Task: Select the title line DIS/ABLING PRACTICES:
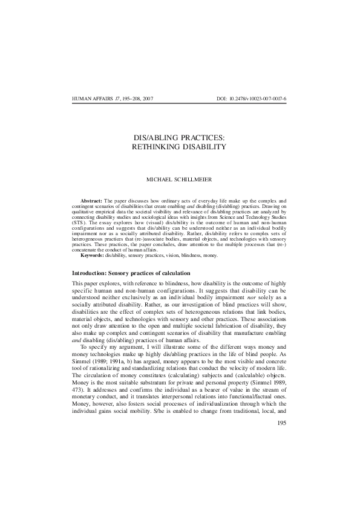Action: (x=180, y=137)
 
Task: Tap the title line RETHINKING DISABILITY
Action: (x=180, y=147)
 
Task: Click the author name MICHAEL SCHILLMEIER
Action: (x=180, y=179)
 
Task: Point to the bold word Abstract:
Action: (x=91, y=199)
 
